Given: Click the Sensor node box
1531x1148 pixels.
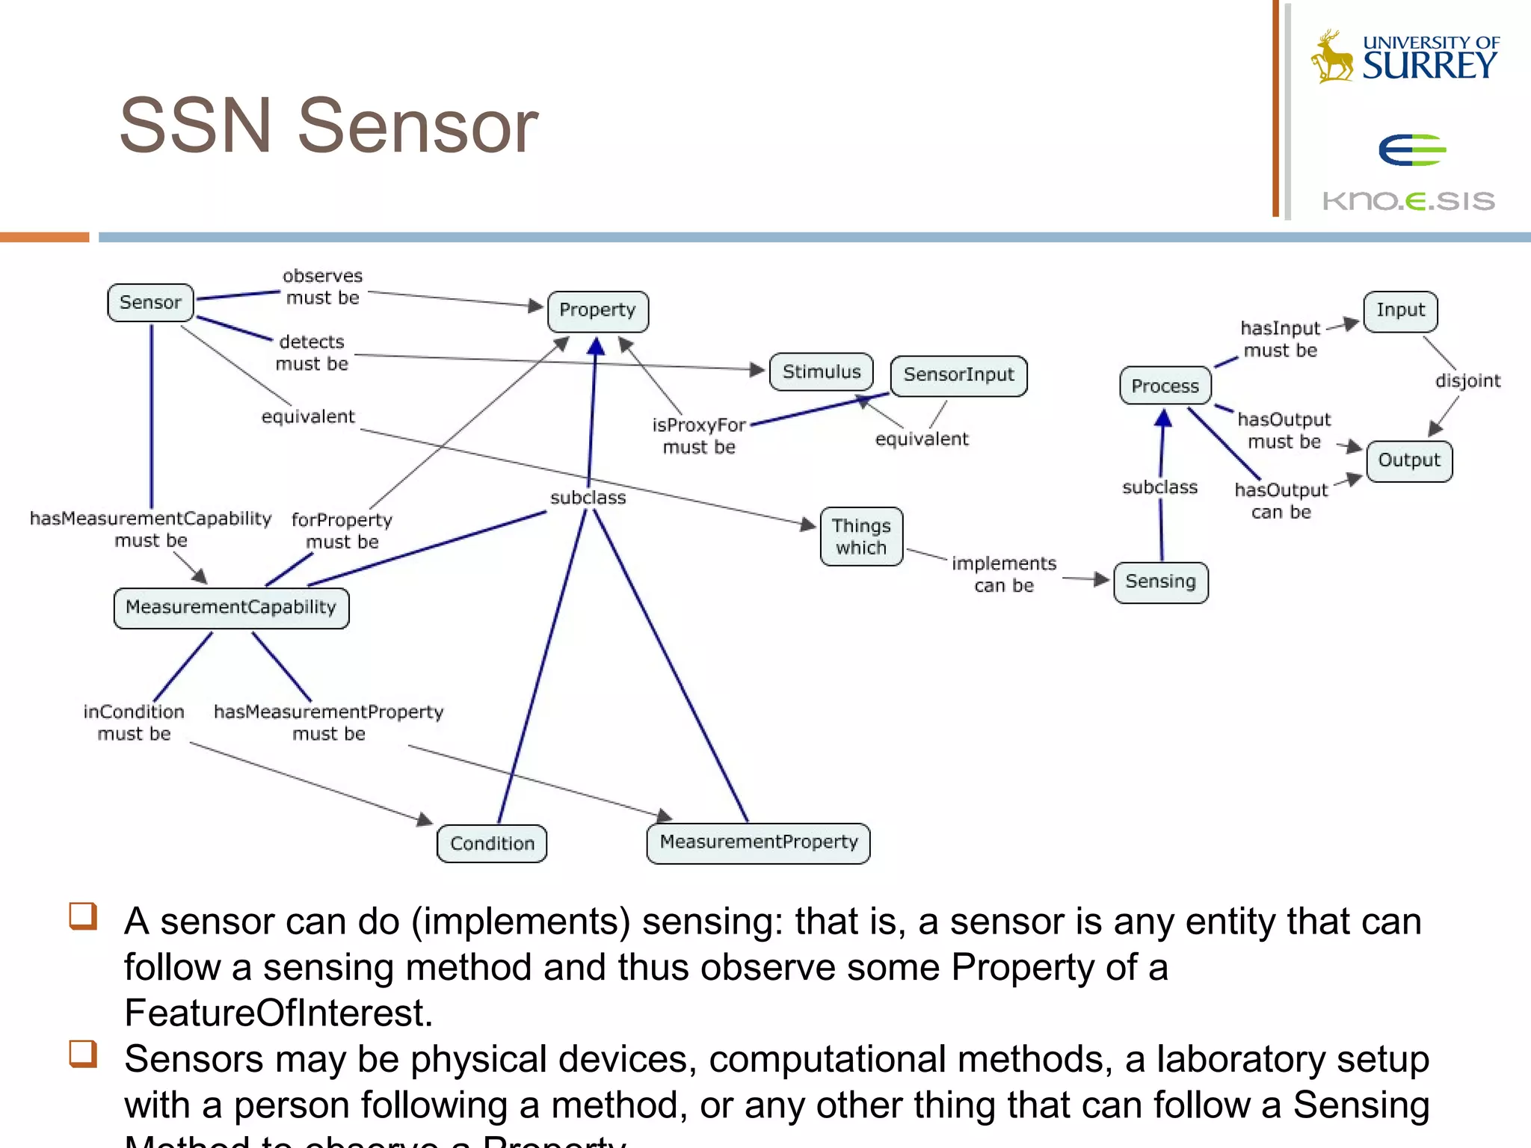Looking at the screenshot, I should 150,303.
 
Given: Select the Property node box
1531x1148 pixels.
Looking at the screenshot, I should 597,311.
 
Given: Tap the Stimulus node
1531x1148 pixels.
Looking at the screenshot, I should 821,372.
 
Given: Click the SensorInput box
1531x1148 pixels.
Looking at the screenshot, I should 958,375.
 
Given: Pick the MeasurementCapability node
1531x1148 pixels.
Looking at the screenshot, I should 231,608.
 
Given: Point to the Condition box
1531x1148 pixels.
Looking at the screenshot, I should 492,844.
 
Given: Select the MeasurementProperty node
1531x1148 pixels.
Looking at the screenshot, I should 758,843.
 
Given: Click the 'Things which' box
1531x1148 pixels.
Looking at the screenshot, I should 861,537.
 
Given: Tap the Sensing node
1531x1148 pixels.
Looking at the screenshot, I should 1160,582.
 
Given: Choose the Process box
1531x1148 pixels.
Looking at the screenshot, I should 1165,386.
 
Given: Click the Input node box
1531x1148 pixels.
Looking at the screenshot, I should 1400,311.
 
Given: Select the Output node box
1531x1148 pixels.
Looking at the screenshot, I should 1409,460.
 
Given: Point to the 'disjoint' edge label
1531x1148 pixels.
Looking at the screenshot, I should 1467,381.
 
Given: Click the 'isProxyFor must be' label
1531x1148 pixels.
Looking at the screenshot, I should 699,436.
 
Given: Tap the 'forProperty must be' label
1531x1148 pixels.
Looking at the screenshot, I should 342,531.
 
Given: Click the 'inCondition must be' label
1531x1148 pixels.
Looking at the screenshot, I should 134,723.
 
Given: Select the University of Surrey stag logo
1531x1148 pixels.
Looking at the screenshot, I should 1331,56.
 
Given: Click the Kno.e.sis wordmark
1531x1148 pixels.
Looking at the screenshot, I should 1408,201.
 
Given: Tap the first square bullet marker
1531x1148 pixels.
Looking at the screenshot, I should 83,916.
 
